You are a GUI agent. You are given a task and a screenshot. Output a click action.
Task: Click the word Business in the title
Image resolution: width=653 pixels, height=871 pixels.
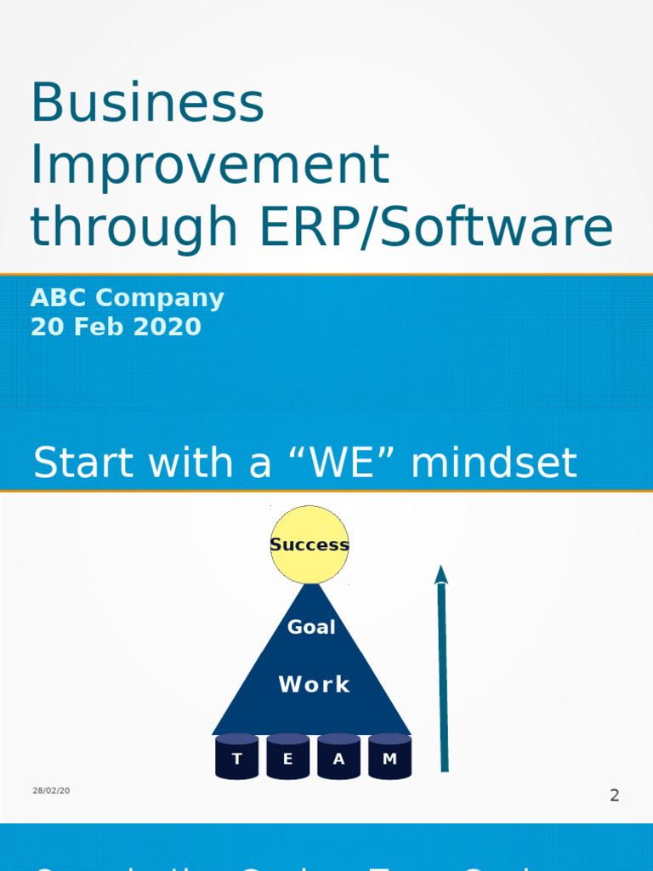(x=147, y=103)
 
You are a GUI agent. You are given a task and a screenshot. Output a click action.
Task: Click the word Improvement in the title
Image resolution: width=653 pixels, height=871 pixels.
(x=209, y=165)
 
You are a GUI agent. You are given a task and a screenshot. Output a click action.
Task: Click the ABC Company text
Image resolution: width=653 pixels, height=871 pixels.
(x=128, y=298)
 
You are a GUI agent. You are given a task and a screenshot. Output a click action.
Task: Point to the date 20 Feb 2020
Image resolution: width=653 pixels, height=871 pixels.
(x=116, y=327)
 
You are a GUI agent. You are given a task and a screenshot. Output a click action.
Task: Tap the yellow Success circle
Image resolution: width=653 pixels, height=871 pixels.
(x=309, y=544)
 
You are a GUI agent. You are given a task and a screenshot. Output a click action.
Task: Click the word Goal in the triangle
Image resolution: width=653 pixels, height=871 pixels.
(x=311, y=627)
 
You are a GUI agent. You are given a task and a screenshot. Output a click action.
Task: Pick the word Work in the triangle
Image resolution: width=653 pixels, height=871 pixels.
(x=314, y=684)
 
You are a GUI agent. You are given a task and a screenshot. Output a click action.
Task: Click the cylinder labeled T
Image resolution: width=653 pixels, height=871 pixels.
(x=236, y=757)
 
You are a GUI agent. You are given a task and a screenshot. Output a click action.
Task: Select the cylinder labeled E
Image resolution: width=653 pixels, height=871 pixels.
(x=287, y=757)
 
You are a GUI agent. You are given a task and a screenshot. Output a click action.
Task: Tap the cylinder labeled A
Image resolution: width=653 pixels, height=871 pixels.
(x=338, y=757)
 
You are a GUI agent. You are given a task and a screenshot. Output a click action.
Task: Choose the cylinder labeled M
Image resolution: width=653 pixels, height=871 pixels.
(x=389, y=757)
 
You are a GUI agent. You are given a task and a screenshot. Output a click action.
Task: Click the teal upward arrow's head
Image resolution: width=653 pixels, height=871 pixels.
(x=440, y=575)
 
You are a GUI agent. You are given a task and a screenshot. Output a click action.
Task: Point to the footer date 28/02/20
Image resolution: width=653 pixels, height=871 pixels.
(x=51, y=790)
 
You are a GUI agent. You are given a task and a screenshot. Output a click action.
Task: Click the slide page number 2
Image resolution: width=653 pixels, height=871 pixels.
(x=614, y=795)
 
